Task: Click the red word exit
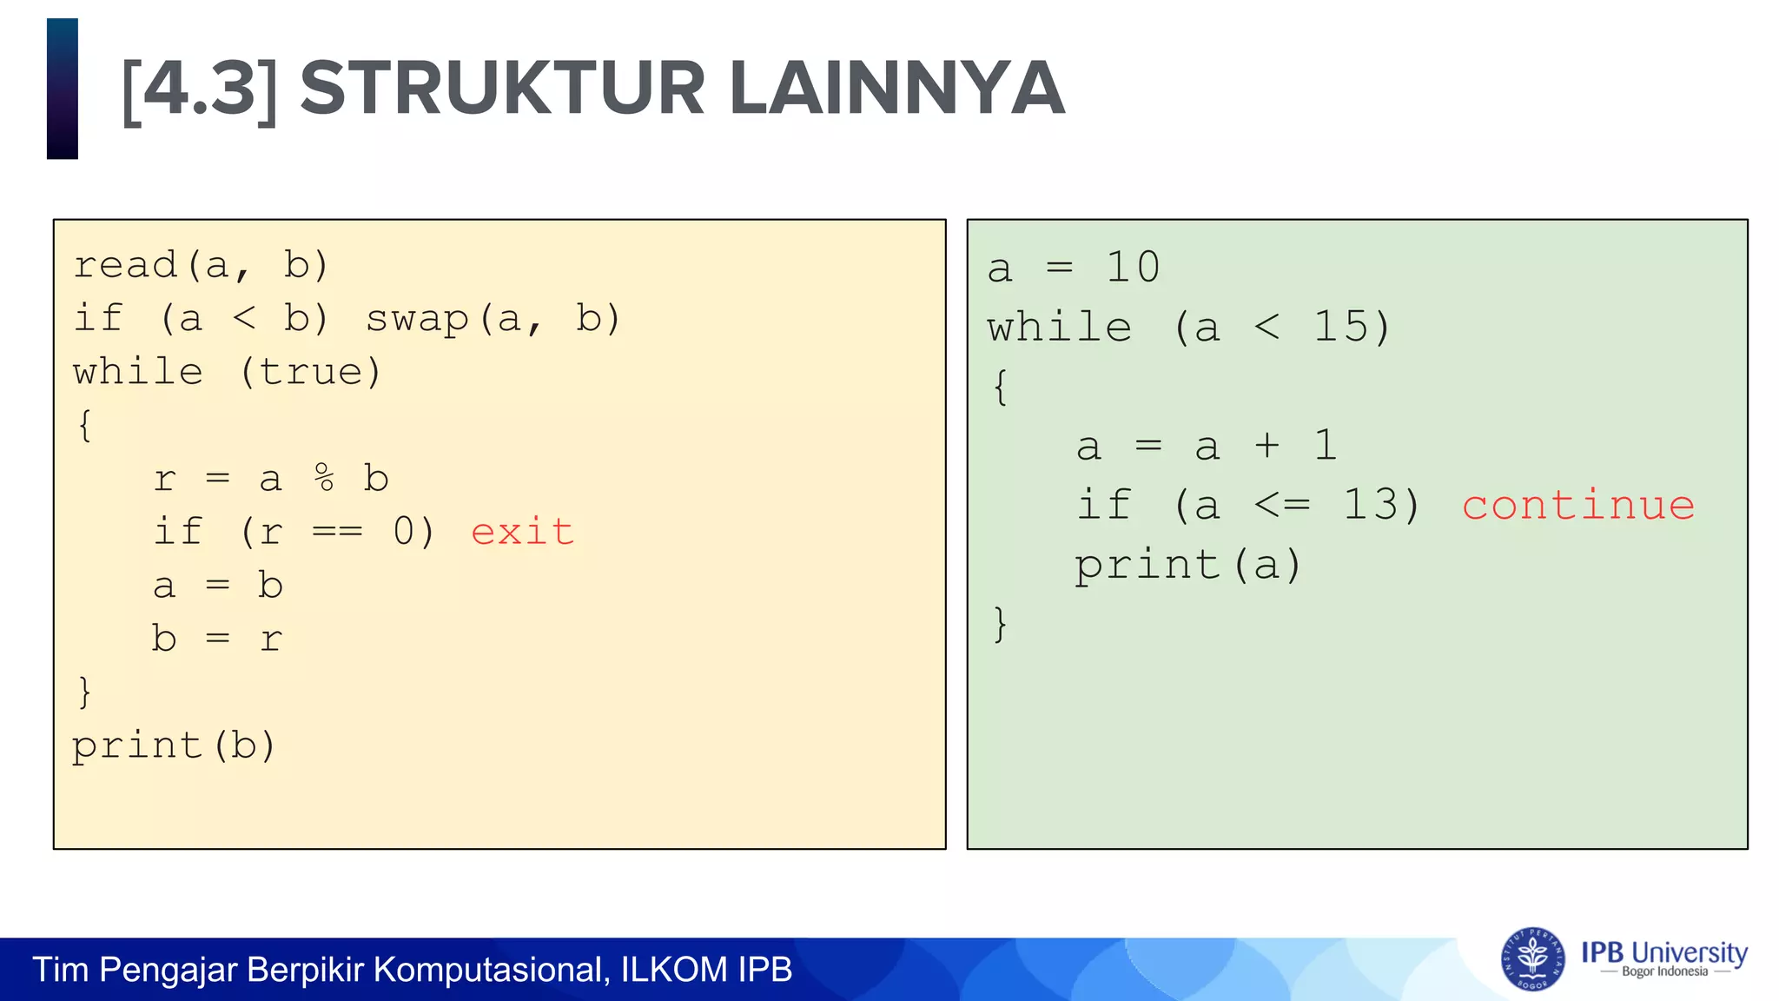522,532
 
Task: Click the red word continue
1578,506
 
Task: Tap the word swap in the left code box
417,319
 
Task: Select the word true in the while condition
310,373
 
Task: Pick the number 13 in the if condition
1370,506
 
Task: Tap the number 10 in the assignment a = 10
1132,268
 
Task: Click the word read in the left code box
125,265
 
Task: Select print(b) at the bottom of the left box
174,746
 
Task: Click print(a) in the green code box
1187,566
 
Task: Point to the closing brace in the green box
1001,624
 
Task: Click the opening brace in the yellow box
85,426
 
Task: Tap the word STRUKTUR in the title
502,89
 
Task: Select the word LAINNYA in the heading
896,89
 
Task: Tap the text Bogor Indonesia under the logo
1664,972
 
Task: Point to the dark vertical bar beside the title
63,89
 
